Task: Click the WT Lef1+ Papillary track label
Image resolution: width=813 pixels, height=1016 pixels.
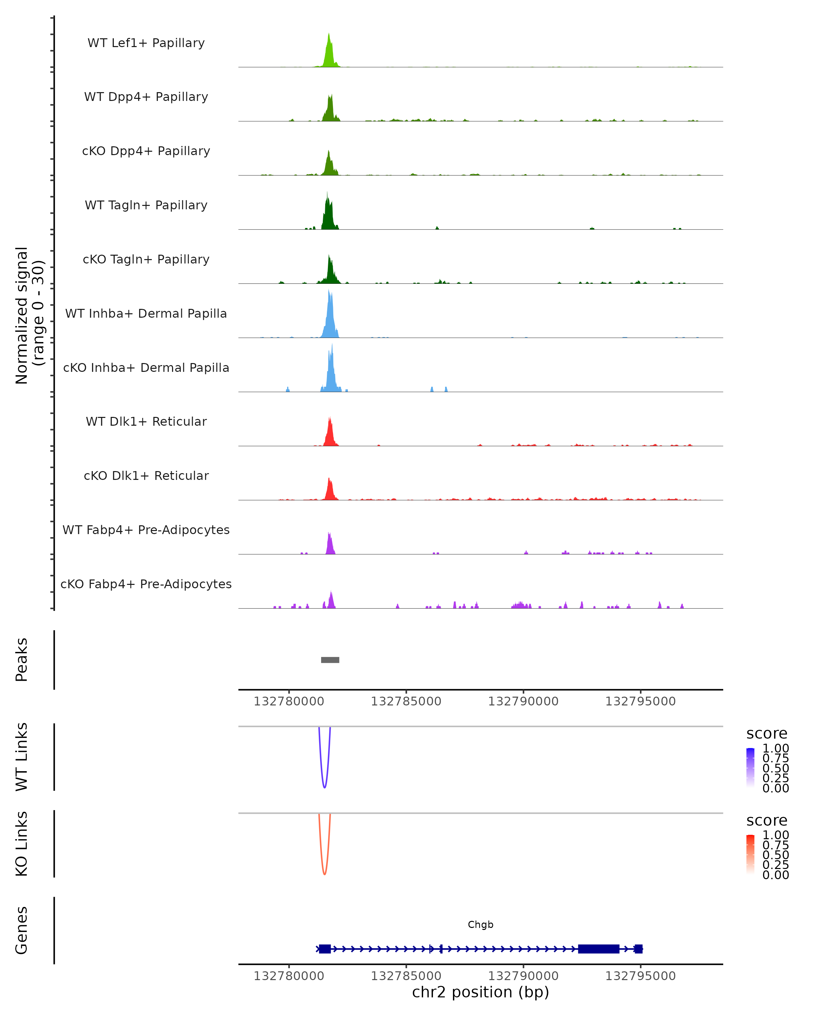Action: point(146,43)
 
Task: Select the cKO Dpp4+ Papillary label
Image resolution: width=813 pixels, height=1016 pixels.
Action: point(146,151)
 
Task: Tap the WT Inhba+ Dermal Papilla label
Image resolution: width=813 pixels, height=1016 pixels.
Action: point(146,313)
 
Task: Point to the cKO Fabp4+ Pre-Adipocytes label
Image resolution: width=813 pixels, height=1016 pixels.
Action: point(146,584)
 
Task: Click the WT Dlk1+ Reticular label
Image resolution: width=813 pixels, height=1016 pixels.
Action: point(146,422)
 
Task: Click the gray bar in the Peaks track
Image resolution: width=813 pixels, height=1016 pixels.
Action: point(330,660)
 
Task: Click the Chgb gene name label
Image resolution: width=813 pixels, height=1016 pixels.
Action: point(480,925)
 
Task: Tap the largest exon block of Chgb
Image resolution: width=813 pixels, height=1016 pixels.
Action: point(599,949)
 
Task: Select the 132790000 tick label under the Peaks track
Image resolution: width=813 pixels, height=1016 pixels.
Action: point(523,701)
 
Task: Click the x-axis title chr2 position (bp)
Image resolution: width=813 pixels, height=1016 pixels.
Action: point(480,992)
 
